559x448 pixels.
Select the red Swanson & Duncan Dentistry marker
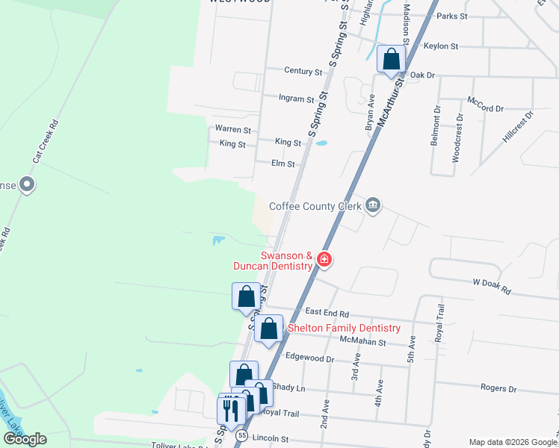[324, 259]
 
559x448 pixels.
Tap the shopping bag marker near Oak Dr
[391, 60]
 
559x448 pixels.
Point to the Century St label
[303, 71]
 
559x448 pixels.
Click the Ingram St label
[296, 99]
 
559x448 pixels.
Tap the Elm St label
[283, 164]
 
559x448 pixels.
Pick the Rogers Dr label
[498, 388]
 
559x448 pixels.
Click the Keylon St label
[440, 46]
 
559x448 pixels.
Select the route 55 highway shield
[241, 435]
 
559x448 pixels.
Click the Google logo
[25, 439]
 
